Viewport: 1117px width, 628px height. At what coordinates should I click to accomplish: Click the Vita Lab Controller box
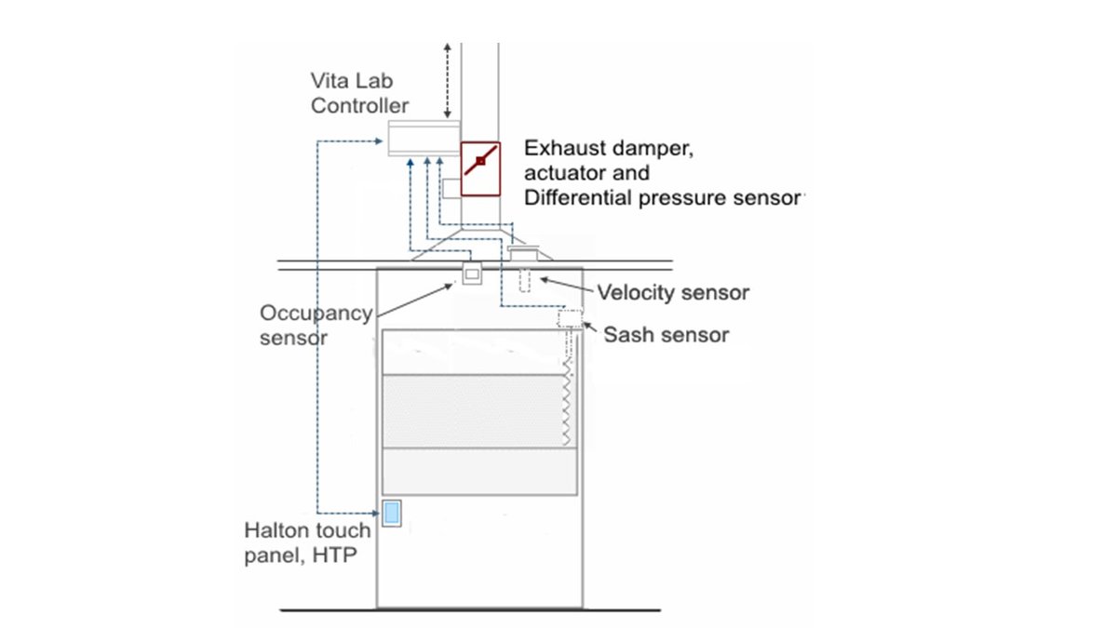[424, 138]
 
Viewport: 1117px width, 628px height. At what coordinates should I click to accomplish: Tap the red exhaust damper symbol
[480, 169]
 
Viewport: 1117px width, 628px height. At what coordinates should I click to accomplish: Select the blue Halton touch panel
[392, 513]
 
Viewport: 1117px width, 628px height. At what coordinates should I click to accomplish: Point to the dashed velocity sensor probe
[524, 280]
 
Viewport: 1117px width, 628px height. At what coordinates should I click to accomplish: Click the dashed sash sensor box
[570, 318]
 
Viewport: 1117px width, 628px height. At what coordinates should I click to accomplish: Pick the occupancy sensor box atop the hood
[472, 274]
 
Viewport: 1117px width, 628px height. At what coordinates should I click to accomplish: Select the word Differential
[578, 198]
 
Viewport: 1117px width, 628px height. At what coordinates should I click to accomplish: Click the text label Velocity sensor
[673, 292]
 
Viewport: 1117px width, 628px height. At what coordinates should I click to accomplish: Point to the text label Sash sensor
[666, 335]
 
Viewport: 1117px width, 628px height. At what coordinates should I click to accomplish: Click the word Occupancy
[316, 314]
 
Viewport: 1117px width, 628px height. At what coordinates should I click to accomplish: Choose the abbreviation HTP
[334, 555]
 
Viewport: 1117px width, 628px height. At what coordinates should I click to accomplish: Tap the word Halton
[274, 530]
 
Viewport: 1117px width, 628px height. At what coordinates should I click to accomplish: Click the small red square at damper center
[480, 160]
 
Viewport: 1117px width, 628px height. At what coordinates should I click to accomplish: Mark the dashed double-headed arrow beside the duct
[448, 81]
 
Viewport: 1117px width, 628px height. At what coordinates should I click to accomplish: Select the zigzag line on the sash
[567, 404]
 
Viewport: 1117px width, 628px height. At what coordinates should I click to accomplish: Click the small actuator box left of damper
[451, 188]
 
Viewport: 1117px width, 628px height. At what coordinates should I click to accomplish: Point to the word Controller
[359, 106]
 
